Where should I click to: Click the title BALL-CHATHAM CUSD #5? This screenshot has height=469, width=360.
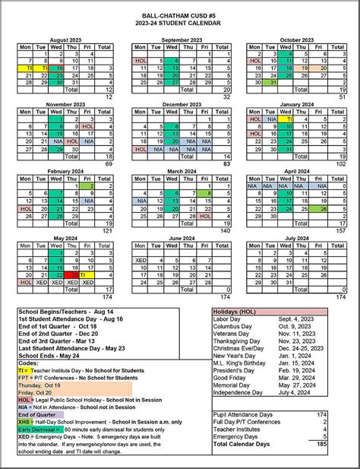(x=179, y=15)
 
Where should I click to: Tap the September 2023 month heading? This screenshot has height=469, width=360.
(x=180, y=39)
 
